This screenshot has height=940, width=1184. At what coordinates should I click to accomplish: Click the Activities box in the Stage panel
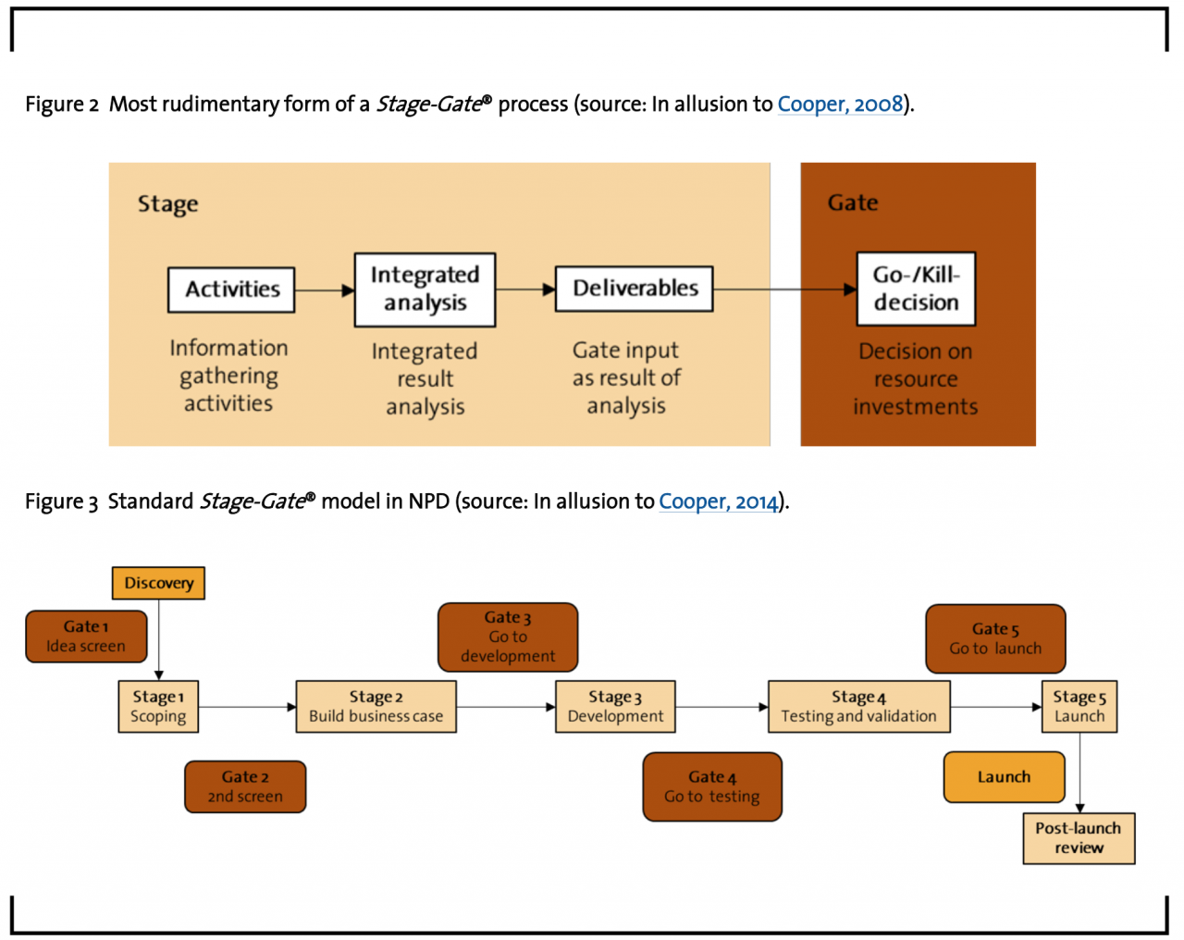point(231,290)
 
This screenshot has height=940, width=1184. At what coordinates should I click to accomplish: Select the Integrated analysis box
point(425,290)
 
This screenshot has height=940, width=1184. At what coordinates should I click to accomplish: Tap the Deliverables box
point(634,289)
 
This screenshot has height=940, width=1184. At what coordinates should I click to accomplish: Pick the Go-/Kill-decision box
point(916,289)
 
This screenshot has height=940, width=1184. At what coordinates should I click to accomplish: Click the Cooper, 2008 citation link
point(839,104)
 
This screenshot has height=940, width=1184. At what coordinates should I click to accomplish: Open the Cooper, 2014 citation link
point(719,501)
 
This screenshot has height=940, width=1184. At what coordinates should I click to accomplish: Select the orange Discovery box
point(158,583)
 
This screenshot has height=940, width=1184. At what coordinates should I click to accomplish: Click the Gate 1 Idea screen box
point(86,637)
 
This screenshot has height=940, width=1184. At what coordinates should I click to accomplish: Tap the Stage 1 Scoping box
point(158,707)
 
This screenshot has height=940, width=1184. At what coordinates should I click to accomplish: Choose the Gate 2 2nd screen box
point(245,787)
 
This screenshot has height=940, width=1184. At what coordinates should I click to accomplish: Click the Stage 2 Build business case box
point(376,707)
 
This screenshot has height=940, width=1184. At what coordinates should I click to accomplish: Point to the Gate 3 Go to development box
point(508,637)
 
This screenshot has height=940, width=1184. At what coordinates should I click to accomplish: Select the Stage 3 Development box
point(615,707)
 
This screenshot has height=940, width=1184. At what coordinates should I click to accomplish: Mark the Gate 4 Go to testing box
point(712,787)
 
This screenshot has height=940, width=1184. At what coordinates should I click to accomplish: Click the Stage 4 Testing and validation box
point(858,707)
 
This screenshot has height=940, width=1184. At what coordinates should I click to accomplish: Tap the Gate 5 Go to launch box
point(995,638)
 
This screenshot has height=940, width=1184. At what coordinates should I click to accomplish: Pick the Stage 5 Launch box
point(1079,707)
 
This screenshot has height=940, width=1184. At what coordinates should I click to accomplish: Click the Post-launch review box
point(1079,838)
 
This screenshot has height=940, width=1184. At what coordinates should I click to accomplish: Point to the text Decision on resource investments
point(916,379)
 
